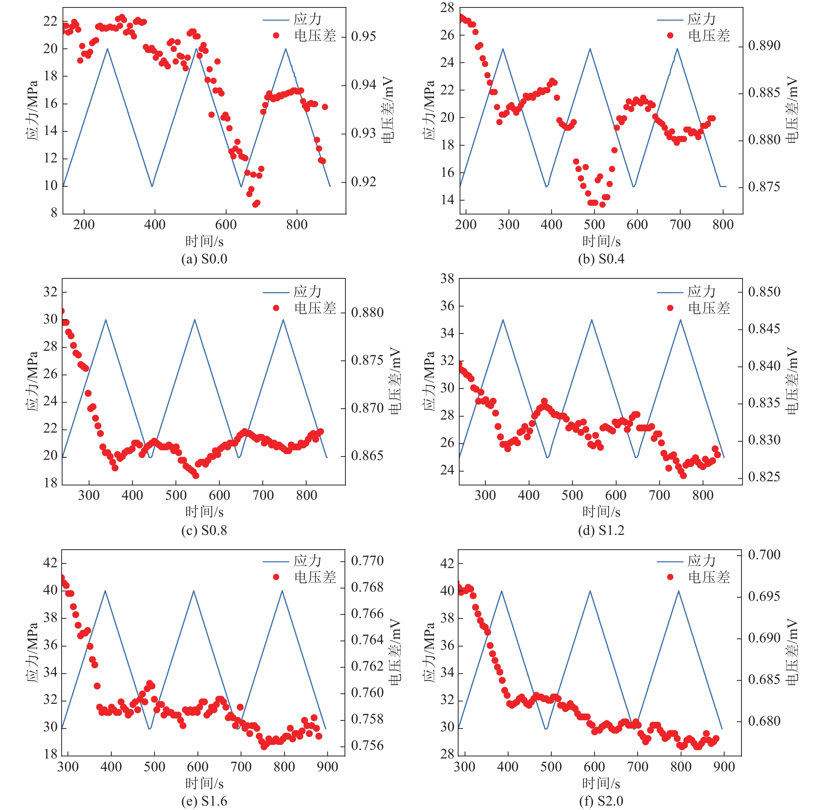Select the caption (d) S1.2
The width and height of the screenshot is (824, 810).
point(601,530)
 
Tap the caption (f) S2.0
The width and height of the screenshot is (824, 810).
point(601,801)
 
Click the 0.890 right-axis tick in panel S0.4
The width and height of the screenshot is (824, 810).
point(764,46)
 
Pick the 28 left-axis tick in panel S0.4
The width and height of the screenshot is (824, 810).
point(447,8)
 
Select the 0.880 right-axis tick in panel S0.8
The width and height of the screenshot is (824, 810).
point(367,313)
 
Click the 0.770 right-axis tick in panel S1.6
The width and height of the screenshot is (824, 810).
point(367,561)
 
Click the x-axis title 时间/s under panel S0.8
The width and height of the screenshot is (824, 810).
point(204,512)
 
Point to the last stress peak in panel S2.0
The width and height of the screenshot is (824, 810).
point(679,591)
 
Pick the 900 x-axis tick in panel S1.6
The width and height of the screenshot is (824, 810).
point(328,767)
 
